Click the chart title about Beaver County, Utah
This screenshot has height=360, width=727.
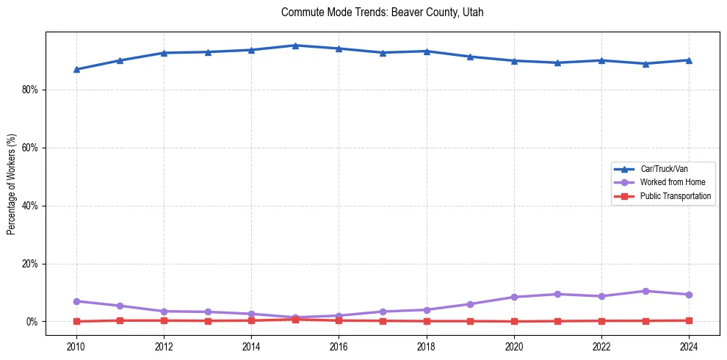[x=383, y=12]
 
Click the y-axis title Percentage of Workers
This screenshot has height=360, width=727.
[x=12, y=184]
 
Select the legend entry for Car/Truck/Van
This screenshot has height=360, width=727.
[x=664, y=169]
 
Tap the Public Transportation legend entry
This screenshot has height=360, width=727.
[x=676, y=196]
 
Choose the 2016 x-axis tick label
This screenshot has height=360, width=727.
[x=339, y=346]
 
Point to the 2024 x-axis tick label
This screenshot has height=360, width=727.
[x=689, y=346]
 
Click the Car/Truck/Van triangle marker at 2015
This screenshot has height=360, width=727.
[x=295, y=46]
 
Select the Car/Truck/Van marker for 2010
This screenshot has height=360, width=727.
[x=76, y=69]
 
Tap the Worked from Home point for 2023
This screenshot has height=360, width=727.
[x=645, y=291]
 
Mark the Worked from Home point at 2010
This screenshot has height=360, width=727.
[x=76, y=301]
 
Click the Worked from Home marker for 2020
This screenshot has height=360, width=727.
[x=514, y=297]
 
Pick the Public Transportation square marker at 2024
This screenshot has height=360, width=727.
[x=689, y=320]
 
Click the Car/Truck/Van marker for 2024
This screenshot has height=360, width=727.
[x=689, y=60]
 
